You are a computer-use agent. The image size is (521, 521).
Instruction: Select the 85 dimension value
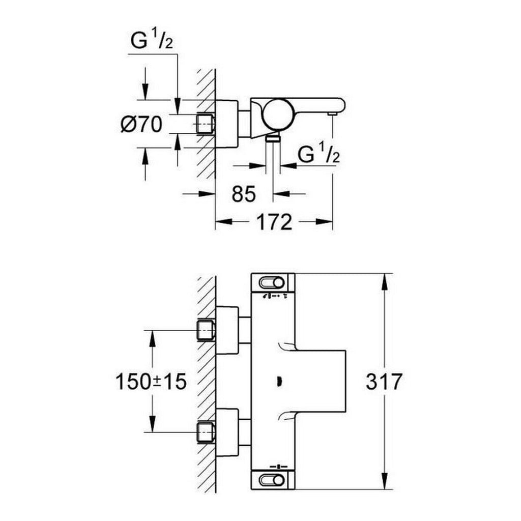click(243, 193)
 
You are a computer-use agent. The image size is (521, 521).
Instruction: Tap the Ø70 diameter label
click(141, 124)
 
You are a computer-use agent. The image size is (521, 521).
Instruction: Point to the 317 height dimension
click(384, 381)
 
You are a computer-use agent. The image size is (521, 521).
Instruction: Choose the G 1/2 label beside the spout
click(319, 156)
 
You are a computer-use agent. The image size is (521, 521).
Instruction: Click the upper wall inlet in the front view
click(206, 330)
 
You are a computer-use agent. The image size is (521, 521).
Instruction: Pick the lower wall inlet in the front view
click(206, 432)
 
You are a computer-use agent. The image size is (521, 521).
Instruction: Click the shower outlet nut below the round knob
click(274, 138)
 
